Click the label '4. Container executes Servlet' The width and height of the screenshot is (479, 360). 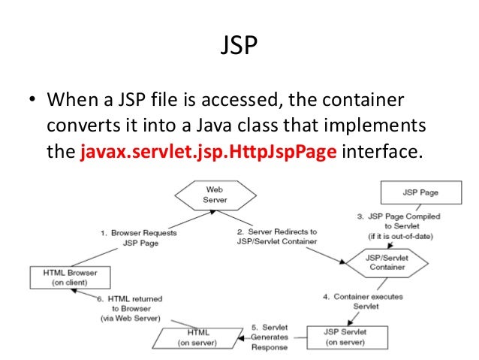click(363, 301)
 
